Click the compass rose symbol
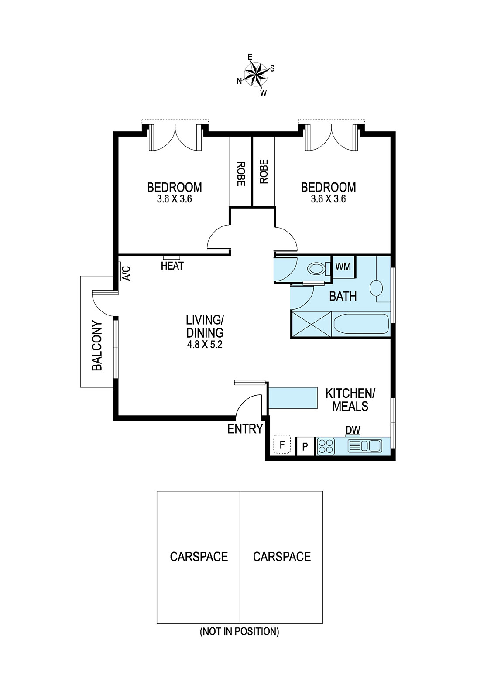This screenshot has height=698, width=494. pos(256,75)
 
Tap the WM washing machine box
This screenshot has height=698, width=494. pos(343,267)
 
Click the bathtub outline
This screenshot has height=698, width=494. pos(361,324)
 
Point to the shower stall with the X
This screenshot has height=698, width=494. pos(312,324)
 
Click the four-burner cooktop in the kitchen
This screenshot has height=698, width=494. pos(326,446)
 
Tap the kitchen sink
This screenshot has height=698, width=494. pos(364,446)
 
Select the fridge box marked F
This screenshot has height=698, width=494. pos(282,445)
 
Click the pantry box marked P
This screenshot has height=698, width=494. pos(305,447)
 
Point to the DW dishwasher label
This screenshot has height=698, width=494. pos(353,430)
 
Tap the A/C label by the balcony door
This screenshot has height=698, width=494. pos(127,273)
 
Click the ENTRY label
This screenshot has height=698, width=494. pos(245,429)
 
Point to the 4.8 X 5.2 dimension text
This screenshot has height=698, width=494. pos(205,345)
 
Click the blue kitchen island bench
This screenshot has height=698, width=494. pos(293,398)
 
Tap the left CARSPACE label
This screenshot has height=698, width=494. pos(199,557)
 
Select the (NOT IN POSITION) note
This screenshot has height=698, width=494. pos(240,632)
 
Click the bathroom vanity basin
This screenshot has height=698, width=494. pos(376,288)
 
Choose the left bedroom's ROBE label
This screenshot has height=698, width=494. pos(241,174)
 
